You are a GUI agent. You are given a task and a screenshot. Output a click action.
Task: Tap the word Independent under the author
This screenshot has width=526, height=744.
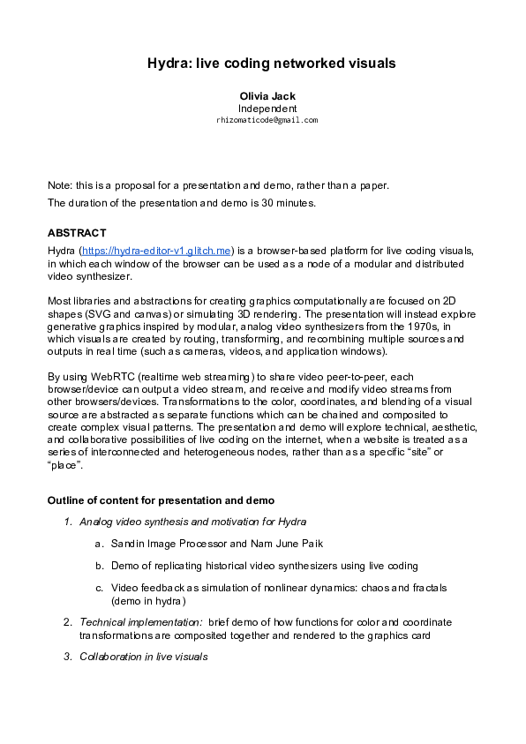[267, 108]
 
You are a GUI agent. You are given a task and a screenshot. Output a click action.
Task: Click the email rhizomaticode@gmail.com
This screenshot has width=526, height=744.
[267, 119]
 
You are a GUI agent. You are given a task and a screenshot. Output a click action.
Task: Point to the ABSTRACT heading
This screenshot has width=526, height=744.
[77, 233]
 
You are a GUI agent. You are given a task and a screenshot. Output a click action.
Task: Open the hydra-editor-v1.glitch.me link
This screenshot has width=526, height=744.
[156, 251]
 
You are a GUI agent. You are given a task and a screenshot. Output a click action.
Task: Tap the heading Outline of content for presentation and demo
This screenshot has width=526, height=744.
[161, 501]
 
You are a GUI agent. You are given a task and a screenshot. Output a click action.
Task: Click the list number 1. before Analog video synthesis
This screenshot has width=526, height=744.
[68, 522]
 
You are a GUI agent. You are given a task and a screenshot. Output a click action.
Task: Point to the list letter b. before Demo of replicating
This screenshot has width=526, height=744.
[100, 565]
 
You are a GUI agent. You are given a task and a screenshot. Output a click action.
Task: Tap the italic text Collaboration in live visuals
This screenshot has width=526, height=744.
[143, 657]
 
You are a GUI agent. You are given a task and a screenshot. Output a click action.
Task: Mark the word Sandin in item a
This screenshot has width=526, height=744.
[128, 543]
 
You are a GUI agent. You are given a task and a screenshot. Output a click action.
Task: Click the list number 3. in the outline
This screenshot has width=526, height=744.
[68, 657]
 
